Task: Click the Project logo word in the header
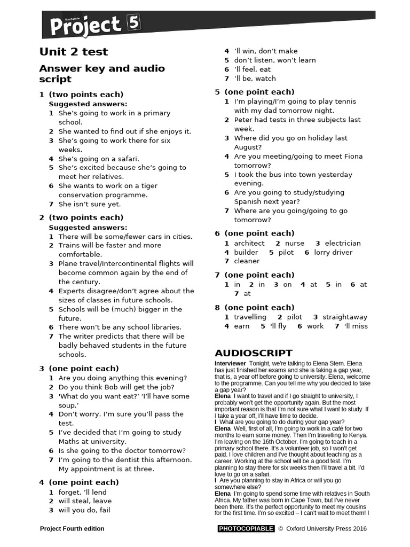85,25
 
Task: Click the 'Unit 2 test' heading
74,52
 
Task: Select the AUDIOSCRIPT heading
253,353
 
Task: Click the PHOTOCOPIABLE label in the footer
246,529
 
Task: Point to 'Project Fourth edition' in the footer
72,529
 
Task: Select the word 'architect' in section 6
249,243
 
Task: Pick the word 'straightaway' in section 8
345,317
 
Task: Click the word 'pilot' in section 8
294,317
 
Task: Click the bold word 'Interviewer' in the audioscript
230,363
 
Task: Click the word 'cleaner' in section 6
247,261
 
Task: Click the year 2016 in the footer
360,529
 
